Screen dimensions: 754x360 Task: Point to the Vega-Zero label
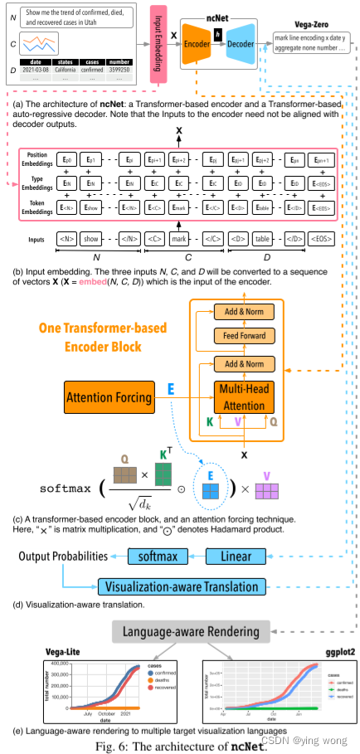(x=303, y=26)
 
